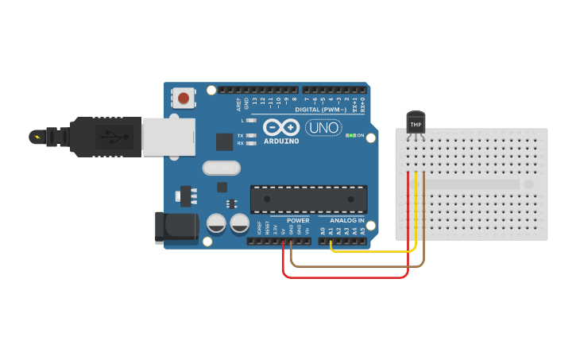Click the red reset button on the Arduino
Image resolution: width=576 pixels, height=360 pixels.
pyautogui.click(x=184, y=99)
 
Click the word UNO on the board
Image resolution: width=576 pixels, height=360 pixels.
pyautogui.click(x=323, y=127)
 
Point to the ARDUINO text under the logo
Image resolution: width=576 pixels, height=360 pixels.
pyautogui.click(x=281, y=141)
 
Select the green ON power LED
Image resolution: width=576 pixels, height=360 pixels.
pyautogui.click(x=350, y=136)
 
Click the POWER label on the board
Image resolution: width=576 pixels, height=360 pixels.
pyautogui.click(x=298, y=220)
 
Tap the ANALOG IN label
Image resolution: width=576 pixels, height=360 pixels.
pyautogui.click(x=346, y=220)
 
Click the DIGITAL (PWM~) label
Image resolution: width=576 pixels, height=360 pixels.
pyautogui.click(x=318, y=110)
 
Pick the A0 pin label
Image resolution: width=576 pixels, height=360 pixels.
pyautogui.click(x=323, y=230)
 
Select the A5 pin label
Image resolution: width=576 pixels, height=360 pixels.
pyautogui.click(x=363, y=230)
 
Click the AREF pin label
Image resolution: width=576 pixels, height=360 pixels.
pyautogui.click(x=238, y=104)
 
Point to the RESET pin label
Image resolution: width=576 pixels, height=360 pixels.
pyautogui.click(x=267, y=229)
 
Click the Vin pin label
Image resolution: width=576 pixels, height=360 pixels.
pyautogui.click(x=307, y=230)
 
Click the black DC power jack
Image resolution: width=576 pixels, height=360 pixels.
pyautogui.click(x=176, y=227)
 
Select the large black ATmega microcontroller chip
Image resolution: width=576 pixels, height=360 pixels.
pyautogui.click(x=309, y=199)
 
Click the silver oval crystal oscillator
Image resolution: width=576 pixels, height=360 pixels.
pyautogui.click(x=221, y=168)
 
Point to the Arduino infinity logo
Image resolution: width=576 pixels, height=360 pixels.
pyautogui.click(x=280, y=127)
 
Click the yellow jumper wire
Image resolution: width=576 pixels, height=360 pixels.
pyautogui.click(x=373, y=251)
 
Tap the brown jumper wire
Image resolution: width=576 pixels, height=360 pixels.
pyautogui.click(x=358, y=265)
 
